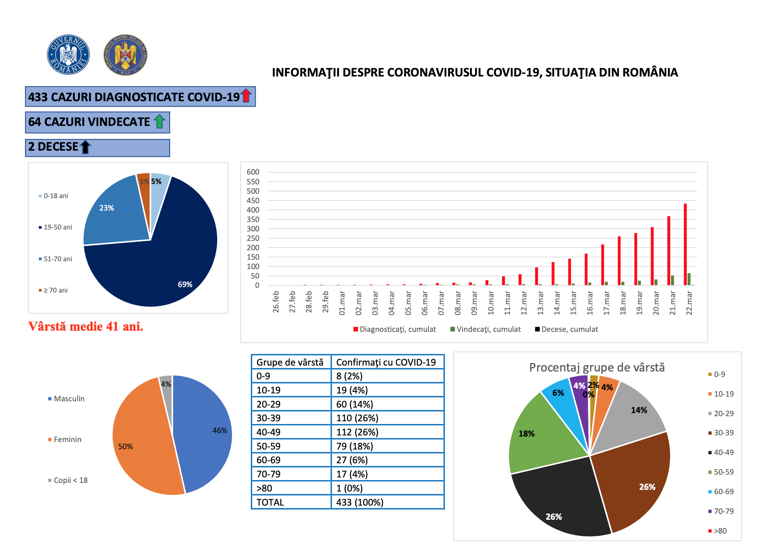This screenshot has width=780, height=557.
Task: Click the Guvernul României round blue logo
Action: point(68,55)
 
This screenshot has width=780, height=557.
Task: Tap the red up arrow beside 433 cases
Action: point(246,96)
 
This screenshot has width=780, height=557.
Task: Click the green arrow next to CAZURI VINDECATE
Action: point(159,121)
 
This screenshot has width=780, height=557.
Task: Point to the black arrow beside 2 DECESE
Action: point(85,147)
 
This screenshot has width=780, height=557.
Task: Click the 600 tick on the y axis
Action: point(253,172)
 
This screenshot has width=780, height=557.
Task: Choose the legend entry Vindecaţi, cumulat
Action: point(486,329)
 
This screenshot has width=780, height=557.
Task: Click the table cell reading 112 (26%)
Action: point(357,432)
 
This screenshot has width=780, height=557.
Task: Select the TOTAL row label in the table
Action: point(270,502)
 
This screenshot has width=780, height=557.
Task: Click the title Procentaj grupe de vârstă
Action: point(597,368)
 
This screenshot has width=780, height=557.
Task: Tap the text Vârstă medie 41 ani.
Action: point(86,326)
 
